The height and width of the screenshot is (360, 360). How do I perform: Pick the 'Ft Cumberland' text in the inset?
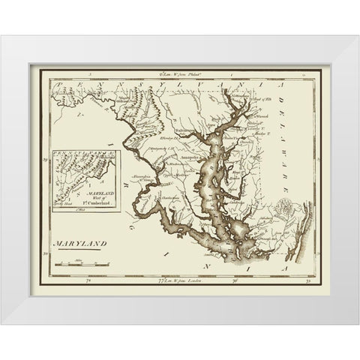coord(83,196)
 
